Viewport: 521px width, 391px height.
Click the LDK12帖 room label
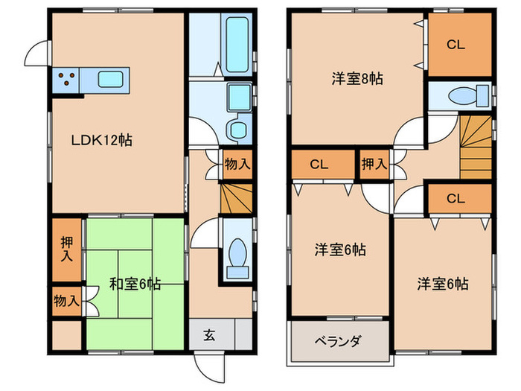coord(102,139)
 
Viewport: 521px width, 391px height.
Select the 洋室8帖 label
coord(357,77)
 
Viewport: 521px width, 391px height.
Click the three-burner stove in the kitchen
coord(65,80)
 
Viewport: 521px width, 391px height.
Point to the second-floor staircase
coord(475,147)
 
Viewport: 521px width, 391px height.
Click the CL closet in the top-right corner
coord(456,44)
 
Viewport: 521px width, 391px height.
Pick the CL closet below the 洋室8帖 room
coord(321,165)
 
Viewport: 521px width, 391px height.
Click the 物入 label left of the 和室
coord(67,301)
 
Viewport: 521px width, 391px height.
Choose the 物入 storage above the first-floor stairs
coord(237,165)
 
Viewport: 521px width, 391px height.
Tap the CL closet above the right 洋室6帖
coord(456,198)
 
